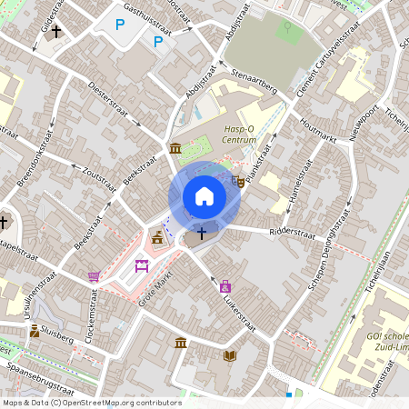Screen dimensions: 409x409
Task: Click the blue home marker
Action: point(204,196)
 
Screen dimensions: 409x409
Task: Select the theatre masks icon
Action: point(237,181)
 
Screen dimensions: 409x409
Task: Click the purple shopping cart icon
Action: point(93,275)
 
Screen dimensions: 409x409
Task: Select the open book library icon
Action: point(230,355)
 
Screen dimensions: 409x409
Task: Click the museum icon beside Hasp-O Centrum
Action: point(175,148)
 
